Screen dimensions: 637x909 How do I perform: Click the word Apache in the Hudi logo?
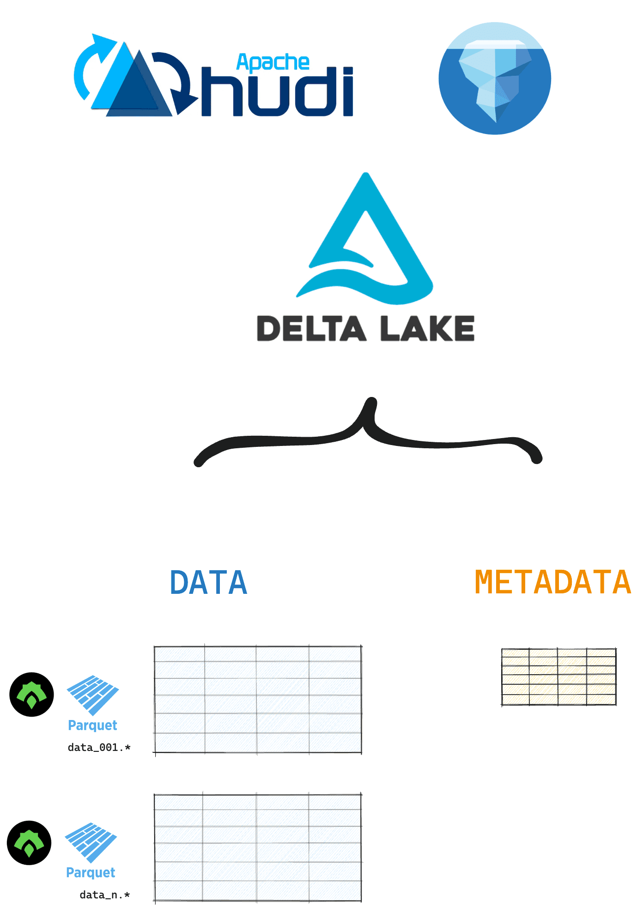coord(273,63)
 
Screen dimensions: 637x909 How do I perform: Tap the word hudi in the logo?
coord(278,92)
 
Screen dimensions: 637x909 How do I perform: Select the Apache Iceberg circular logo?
coord(495,79)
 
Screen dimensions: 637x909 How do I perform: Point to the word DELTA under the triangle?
coord(311,329)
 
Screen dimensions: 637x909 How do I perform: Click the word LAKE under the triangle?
coord(427,329)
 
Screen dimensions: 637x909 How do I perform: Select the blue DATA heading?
coord(209,582)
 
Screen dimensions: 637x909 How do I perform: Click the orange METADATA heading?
coord(552,582)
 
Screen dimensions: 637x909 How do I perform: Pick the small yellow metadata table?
coord(559,677)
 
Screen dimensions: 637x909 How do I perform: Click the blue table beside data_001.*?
coord(258,700)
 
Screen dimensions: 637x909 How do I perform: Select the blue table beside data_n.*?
coord(258,848)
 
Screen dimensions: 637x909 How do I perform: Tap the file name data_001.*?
coord(99,747)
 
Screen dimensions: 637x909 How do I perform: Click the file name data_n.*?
coord(105,895)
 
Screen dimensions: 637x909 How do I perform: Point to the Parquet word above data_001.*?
coord(92,726)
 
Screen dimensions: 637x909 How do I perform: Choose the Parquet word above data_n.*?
coord(91,872)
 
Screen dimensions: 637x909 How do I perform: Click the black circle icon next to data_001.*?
coord(31,695)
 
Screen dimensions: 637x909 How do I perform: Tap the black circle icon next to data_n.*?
coord(29,842)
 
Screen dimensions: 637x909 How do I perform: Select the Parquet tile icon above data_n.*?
coord(91,842)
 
